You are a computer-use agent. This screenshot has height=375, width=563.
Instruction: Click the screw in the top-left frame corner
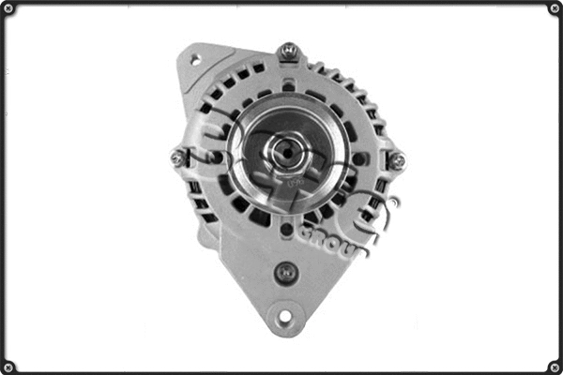[9, 8]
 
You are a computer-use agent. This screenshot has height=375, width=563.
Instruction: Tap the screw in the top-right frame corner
[554, 8]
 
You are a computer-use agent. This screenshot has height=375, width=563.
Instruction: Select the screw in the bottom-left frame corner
[9, 366]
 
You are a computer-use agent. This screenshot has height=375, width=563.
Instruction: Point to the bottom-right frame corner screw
[554, 366]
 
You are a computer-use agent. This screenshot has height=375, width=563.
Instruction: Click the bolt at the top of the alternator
[289, 51]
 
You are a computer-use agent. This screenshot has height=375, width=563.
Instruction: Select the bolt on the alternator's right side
[397, 160]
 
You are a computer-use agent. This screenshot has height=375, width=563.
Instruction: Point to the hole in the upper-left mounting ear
[195, 59]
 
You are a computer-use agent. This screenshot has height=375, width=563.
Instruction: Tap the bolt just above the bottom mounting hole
[286, 273]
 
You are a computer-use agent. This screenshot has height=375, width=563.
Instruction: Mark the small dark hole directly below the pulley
[286, 229]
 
